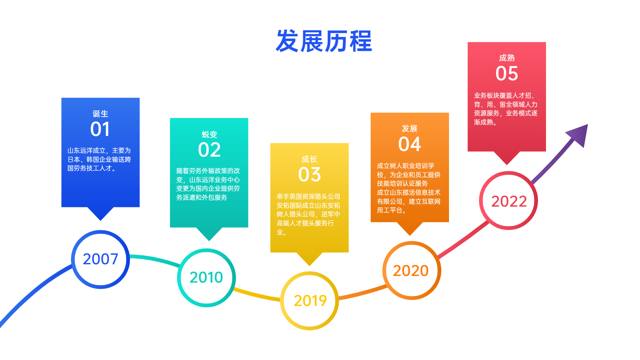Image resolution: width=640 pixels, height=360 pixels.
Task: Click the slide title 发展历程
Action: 324,41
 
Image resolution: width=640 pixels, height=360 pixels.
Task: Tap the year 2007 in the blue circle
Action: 100,259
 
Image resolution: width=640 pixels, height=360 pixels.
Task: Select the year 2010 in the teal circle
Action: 206,277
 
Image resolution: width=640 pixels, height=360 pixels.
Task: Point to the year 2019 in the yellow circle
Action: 310,301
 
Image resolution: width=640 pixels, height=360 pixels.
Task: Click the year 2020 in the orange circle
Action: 411,270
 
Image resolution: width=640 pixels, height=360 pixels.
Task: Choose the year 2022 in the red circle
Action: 509,201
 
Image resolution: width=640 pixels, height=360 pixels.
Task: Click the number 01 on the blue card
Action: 100,129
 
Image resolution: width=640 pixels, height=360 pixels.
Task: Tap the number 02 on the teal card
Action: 209,150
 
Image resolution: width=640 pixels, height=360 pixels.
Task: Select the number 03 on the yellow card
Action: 309,175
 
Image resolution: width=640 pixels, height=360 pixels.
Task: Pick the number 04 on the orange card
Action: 410,144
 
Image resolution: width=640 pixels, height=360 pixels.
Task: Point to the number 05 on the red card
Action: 507,74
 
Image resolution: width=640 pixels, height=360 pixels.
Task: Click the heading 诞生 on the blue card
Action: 100,114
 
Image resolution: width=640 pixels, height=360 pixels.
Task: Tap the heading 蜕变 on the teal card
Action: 209,134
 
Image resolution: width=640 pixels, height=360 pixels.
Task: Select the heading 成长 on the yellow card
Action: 309,159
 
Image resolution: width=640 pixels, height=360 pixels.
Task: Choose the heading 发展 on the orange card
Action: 410,128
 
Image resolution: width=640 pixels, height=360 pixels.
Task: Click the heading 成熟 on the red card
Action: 507,58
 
